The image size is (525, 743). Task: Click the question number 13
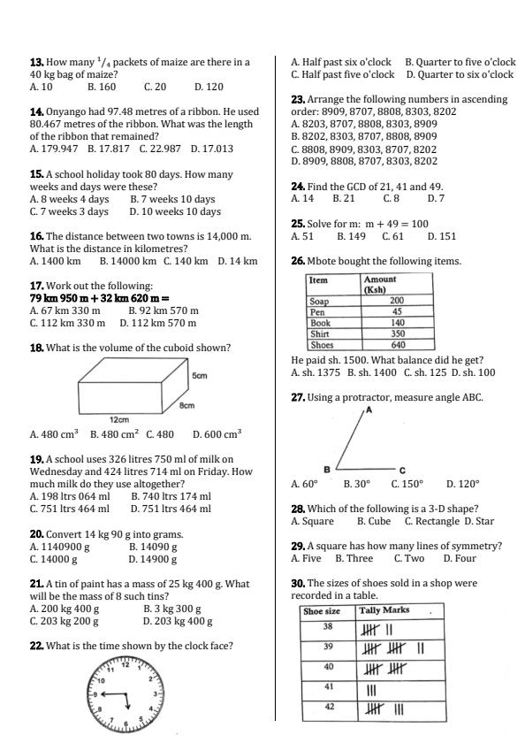coord(36,63)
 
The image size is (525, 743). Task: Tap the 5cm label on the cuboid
coord(200,375)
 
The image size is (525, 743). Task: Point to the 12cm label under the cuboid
coord(119,419)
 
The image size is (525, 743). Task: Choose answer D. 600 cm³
coord(217,434)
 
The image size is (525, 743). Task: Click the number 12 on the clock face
coord(126,665)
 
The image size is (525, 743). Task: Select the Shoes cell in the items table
coord(319,345)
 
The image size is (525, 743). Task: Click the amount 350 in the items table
coord(398,334)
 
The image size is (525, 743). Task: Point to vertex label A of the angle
coord(369,410)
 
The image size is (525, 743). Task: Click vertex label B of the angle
coord(326,468)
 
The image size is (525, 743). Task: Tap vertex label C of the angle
coord(401,470)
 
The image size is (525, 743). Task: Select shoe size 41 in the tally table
coord(328,686)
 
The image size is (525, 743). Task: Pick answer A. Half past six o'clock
coord(340,63)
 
